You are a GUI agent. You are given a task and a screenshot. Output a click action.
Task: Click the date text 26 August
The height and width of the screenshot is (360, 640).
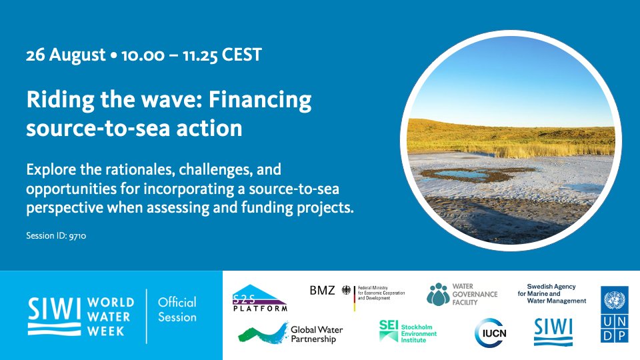pos(66,55)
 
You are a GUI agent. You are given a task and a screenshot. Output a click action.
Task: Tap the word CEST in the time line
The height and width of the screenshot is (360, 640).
pos(241,55)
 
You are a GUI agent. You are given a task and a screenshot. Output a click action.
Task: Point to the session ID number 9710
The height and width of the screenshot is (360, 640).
pos(77,236)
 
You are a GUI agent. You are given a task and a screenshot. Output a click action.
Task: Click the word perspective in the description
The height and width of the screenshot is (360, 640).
pos(65,208)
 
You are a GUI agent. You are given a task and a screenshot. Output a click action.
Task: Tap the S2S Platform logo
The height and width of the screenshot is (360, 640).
pos(259,298)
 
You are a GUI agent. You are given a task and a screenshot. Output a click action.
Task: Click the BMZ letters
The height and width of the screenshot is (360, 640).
pos(322,291)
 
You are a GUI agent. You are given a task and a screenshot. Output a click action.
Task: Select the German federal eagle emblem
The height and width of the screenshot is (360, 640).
pos(346,290)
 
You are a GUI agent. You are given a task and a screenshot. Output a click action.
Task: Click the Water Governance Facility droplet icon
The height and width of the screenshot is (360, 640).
pos(437,294)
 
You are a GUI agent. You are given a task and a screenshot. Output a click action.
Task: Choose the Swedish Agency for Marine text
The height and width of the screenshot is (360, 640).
pos(551,293)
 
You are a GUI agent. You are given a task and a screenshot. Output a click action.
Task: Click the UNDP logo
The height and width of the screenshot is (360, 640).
pos(614,314)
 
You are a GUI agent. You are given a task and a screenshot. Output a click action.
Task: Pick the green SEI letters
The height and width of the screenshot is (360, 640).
pos(388,325)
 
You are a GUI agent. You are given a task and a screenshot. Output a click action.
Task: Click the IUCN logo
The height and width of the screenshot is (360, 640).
pos(491,333)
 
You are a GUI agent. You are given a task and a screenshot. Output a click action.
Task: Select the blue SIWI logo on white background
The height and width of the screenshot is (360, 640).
pos(553,332)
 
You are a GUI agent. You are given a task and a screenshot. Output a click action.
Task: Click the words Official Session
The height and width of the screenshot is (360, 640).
pos(177,310)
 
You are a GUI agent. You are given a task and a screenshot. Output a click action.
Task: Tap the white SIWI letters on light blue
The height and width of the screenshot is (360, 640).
pos(54,309)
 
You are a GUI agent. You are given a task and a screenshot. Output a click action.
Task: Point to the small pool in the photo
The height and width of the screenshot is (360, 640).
pos(465,175)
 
